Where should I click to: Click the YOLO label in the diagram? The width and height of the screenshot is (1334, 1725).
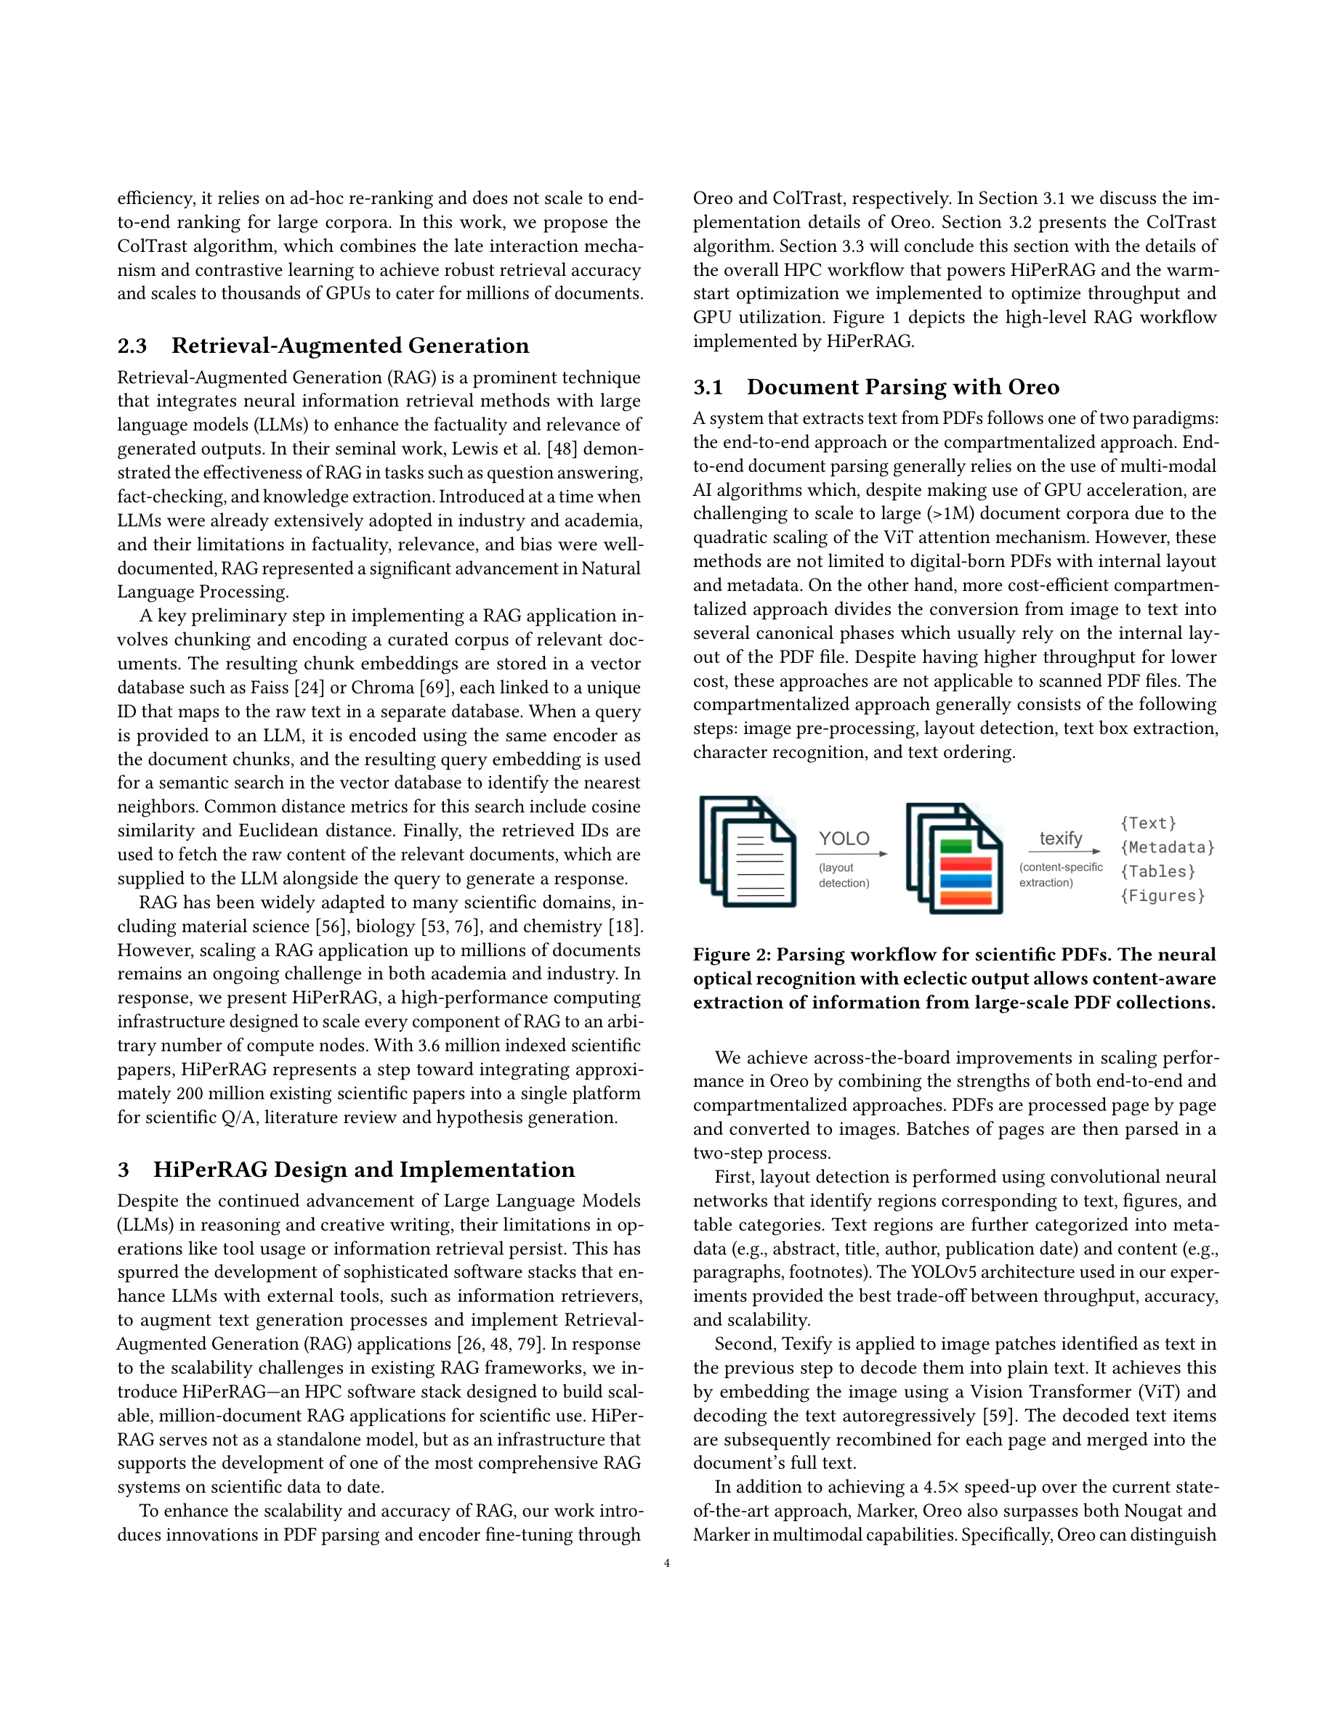tap(844, 839)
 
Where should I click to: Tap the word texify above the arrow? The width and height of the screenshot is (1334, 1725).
tap(1061, 838)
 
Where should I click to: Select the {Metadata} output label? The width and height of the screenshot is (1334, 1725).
tap(1167, 847)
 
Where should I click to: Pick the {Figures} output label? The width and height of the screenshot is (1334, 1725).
tap(1163, 896)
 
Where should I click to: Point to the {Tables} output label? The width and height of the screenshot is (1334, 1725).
tap(1157, 871)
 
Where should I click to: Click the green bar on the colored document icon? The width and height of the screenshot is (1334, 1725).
tap(956, 846)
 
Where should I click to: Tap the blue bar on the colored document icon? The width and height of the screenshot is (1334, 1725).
tap(966, 881)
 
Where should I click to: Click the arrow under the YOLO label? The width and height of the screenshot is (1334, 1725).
tap(853, 854)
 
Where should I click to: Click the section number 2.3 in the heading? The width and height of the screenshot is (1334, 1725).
tap(132, 346)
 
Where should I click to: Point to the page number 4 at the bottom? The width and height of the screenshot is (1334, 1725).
tap(667, 1563)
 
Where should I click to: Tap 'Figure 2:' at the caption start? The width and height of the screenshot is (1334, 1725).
tap(732, 954)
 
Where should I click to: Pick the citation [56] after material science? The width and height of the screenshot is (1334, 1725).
tap(332, 926)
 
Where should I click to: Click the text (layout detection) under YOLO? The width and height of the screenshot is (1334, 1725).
tap(844, 875)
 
